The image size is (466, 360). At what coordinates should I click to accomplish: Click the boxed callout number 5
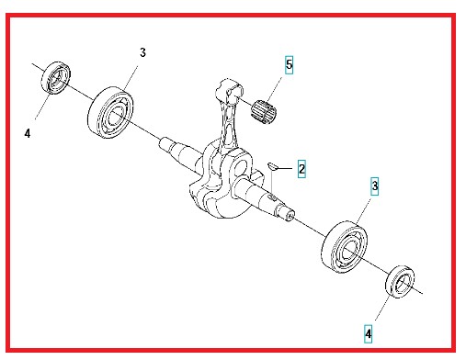click(x=289, y=65)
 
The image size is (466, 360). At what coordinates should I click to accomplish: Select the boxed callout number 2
click(x=301, y=169)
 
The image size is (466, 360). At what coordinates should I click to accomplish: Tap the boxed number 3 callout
click(x=374, y=186)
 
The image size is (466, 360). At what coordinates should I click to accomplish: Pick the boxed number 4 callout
click(x=369, y=334)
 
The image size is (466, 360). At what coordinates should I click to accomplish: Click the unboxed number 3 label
click(x=142, y=52)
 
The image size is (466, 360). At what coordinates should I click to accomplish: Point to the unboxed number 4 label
click(x=28, y=133)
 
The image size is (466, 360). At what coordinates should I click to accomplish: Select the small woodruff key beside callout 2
click(x=272, y=166)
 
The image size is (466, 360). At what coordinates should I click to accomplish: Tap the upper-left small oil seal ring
click(x=55, y=78)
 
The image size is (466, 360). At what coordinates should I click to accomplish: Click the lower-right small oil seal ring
click(x=400, y=282)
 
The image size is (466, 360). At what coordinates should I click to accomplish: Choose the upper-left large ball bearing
click(x=110, y=112)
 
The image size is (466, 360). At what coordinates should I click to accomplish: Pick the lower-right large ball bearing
click(x=345, y=247)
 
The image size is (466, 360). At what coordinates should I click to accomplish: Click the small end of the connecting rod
click(x=230, y=91)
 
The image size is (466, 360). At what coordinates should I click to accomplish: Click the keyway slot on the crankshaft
click(x=271, y=198)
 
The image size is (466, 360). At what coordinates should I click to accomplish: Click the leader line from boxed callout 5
click(x=274, y=89)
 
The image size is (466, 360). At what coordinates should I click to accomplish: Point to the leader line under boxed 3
click(x=364, y=211)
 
